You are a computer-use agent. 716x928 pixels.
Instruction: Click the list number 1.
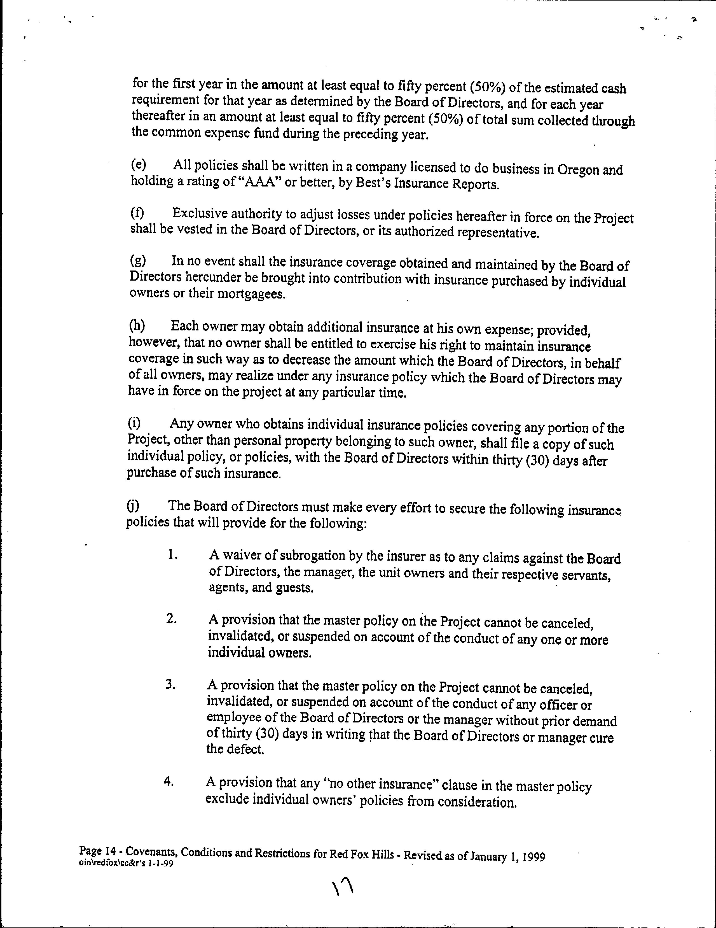(x=172, y=555)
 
